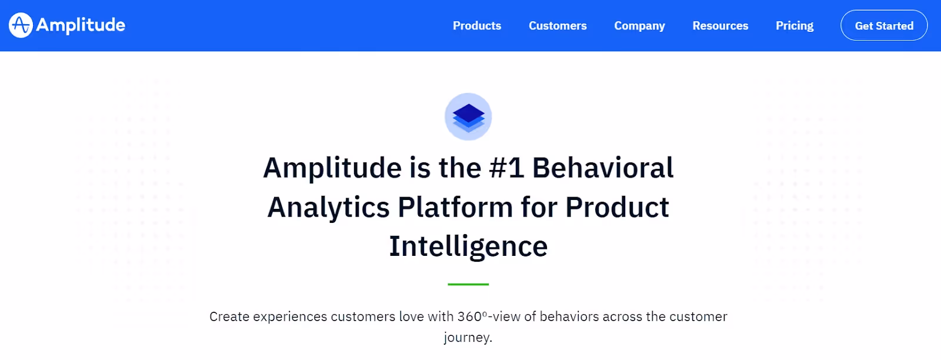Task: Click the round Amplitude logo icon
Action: pyautogui.click(x=21, y=25)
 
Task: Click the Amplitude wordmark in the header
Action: pyautogui.click(x=81, y=25)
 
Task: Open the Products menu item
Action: pyautogui.click(x=477, y=26)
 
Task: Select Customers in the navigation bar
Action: pyautogui.click(x=558, y=26)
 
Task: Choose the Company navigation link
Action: pyautogui.click(x=639, y=26)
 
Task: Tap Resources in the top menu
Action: pyautogui.click(x=720, y=26)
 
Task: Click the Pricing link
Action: pyautogui.click(x=795, y=26)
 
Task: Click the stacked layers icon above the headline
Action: pyautogui.click(x=468, y=116)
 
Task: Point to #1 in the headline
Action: pyautogui.click(x=506, y=168)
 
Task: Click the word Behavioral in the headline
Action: pyautogui.click(x=603, y=168)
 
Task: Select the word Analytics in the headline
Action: pyautogui.click(x=328, y=208)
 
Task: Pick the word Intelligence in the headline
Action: pyautogui.click(x=468, y=246)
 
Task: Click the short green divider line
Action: pyautogui.click(x=468, y=284)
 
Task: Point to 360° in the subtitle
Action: pyautogui.click(x=472, y=316)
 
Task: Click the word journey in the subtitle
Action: pyautogui.click(x=467, y=338)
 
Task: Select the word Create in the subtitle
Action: pyautogui.click(x=229, y=316)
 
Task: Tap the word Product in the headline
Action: pyautogui.click(x=617, y=208)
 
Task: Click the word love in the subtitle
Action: pyautogui.click(x=411, y=316)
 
